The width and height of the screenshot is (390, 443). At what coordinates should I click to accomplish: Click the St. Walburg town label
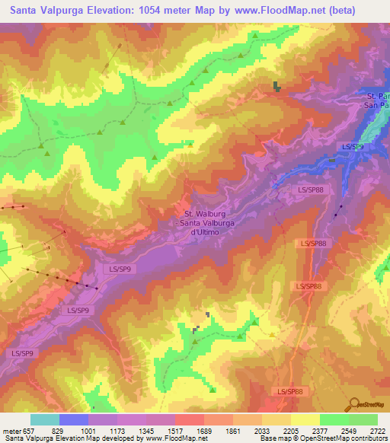point(206,214)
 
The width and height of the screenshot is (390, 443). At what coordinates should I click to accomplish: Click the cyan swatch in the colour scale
point(44,419)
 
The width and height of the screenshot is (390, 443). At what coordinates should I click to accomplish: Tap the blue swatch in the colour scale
point(73,419)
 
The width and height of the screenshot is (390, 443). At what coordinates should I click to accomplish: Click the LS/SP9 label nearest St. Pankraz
point(352,146)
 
